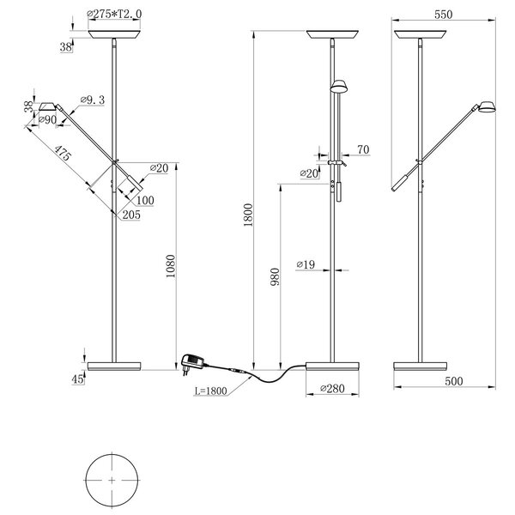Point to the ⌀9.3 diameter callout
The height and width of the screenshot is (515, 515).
[92, 100]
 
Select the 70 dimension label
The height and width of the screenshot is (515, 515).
[362, 150]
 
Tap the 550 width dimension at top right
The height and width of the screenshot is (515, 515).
[443, 15]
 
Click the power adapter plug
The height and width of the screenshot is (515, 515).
[193, 362]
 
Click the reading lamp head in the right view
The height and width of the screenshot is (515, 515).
[487, 107]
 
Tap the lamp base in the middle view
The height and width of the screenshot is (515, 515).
[332, 366]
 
